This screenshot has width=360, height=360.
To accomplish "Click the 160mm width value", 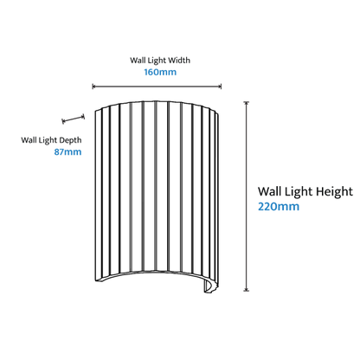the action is point(160,72).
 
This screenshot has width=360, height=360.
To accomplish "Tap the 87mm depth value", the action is point(67,151).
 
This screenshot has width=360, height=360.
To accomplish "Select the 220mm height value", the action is point(279,207).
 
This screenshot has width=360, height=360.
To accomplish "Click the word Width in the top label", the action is point(179,61).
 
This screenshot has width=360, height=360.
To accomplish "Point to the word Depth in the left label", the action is point(71,140).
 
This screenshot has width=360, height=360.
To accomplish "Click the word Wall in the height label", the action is point(271,191).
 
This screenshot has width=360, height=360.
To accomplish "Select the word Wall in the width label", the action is point(138,61).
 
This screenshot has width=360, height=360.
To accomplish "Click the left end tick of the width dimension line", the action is point(93,87).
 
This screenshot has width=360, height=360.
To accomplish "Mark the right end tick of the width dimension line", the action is point(221,87).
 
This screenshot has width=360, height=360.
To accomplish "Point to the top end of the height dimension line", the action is point(246,102).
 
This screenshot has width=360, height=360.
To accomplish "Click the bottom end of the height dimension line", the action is point(246,291).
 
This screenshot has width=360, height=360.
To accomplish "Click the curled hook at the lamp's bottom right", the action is point(210,286).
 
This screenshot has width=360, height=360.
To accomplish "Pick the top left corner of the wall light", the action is point(95,110).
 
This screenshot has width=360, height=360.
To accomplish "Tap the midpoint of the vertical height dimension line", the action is point(246,196).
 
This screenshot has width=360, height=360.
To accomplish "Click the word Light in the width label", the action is point(156,61).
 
